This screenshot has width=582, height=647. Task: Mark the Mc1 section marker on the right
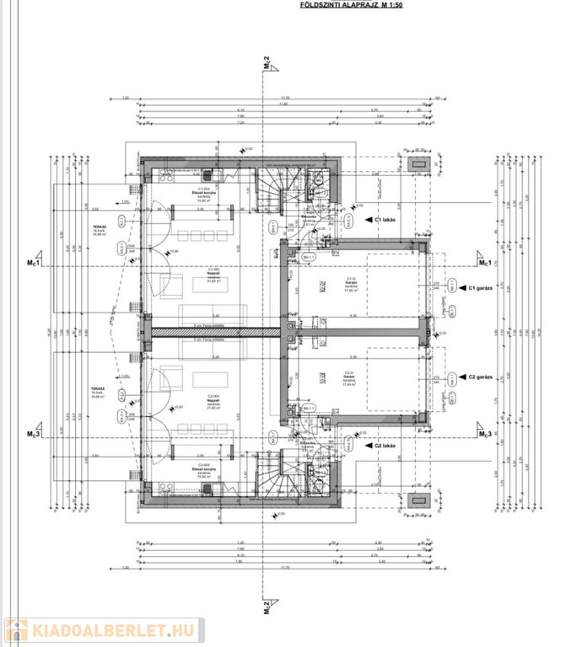tap(485, 263)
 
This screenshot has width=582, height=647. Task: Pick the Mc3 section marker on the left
tap(34, 434)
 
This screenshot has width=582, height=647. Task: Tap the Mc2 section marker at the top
tap(266, 64)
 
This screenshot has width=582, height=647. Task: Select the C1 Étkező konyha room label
tap(207, 195)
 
